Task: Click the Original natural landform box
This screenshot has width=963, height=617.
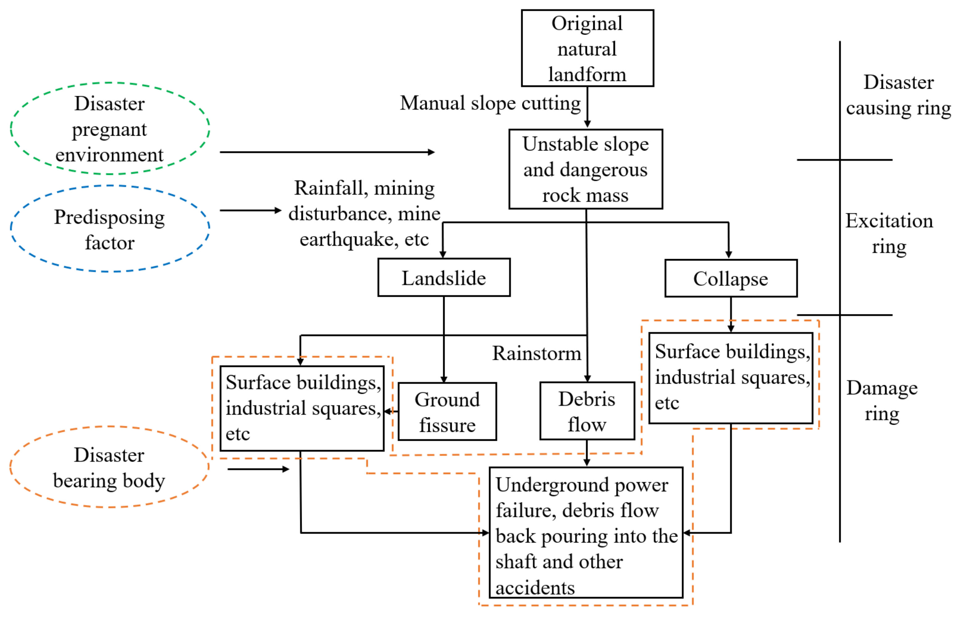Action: [x=587, y=48]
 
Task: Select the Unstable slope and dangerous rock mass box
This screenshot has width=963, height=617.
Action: [x=585, y=169]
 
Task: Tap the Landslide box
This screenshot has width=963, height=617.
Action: [x=444, y=278]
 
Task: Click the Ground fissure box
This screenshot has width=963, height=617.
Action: [x=447, y=411]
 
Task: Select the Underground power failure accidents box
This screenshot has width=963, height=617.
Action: [x=586, y=533]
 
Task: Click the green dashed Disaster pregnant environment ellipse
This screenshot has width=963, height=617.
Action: [x=110, y=129]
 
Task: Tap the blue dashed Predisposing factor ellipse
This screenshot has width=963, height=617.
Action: [x=110, y=229]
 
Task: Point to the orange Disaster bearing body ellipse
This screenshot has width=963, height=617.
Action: [x=109, y=467]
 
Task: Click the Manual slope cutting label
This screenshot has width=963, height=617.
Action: [x=490, y=103]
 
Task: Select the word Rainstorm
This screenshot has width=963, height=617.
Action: [x=536, y=353]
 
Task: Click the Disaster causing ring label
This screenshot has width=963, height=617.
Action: [x=898, y=95]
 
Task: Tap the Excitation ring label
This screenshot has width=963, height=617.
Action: [x=889, y=234]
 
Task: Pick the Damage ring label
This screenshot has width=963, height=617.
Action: [x=882, y=401]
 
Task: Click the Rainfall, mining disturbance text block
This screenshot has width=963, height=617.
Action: [x=364, y=214]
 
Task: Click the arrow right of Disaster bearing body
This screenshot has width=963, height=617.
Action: [x=258, y=469]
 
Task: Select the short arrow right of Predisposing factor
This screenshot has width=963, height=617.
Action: [x=250, y=210]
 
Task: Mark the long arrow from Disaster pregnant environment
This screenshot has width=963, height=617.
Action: [x=327, y=152]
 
